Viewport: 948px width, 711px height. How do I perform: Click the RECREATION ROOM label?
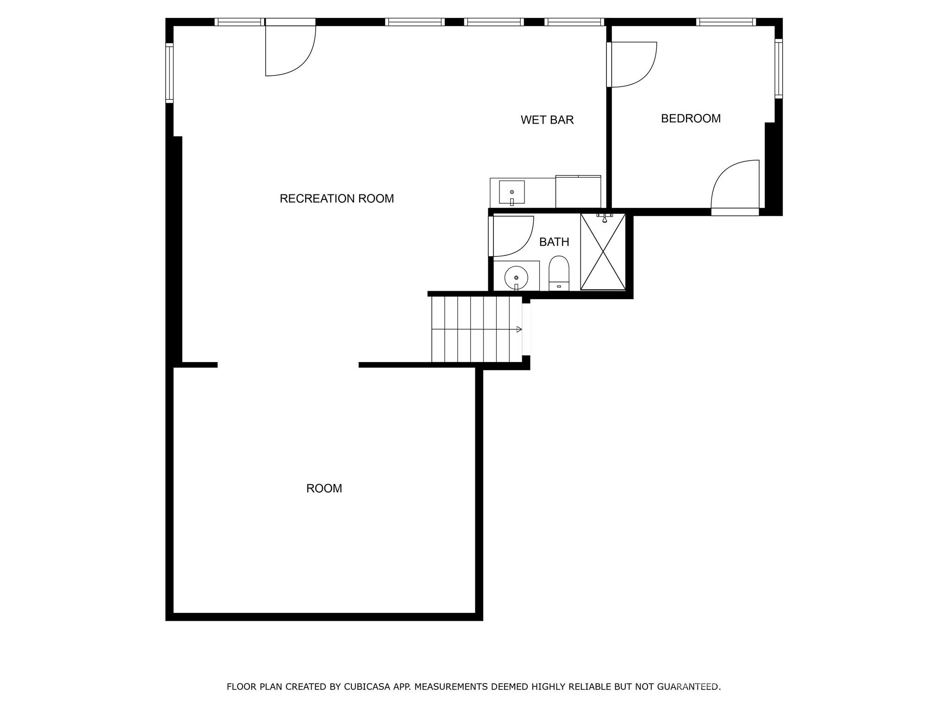(337, 199)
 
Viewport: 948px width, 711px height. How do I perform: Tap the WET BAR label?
(547, 120)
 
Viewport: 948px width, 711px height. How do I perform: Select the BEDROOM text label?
(691, 118)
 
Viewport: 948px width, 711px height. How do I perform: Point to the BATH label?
(554, 242)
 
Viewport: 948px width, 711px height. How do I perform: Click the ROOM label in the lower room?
(324, 488)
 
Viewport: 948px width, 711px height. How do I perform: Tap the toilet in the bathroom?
(559, 273)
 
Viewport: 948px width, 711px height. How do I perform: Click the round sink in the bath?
(516, 277)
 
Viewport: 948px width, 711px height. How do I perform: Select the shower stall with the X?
(603, 252)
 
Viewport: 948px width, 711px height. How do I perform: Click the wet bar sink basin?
(511, 192)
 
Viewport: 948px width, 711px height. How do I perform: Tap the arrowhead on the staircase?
(519, 330)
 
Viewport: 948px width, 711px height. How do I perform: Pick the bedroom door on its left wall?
(632, 64)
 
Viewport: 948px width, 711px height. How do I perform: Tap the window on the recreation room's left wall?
(169, 73)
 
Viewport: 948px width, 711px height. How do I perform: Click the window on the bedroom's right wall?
(779, 69)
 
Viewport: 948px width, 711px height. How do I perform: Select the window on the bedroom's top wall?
(726, 22)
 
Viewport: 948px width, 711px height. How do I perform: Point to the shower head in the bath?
(605, 219)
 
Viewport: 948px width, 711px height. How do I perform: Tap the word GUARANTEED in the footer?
(689, 686)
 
